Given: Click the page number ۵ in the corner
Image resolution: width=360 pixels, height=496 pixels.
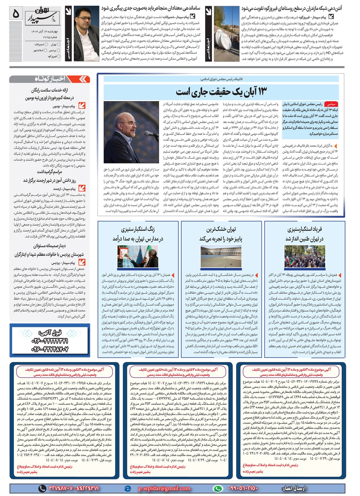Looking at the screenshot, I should click(x=15, y=14).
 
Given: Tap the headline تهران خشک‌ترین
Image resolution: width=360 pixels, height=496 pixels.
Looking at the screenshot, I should click(x=221, y=229).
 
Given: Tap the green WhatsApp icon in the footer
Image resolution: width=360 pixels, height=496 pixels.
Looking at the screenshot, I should click(x=217, y=488).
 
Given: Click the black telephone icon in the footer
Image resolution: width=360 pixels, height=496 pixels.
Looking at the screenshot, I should click(x=42, y=488).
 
